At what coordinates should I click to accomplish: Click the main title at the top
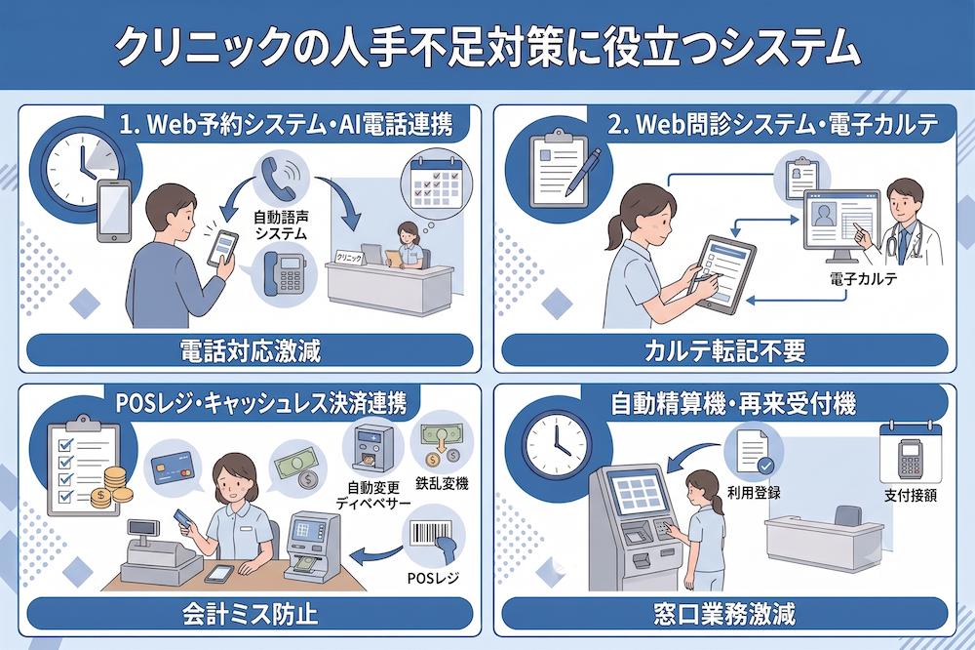[x=488, y=46]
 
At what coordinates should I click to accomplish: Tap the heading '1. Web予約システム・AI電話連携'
[x=286, y=126]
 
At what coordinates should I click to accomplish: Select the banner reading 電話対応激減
[x=250, y=350]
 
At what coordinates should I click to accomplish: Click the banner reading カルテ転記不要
[x=724, y=350]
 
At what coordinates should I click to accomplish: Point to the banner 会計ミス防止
[x=250, y=614]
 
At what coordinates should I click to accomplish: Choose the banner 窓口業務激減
[x=724, y=614]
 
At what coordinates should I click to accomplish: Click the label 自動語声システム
[x=281, y=225]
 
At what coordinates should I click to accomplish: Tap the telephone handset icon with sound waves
[x=282, y=176]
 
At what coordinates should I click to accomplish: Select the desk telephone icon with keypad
[x=284, y=273]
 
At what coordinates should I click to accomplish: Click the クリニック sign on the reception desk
[x=349, y=257]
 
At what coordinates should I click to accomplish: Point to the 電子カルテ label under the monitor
[x=864, y=279]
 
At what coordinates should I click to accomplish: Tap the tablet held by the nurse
[x=725, y=274]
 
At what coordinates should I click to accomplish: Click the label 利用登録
[x=754, y=493]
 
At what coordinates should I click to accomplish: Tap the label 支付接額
[x=911, y=496]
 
